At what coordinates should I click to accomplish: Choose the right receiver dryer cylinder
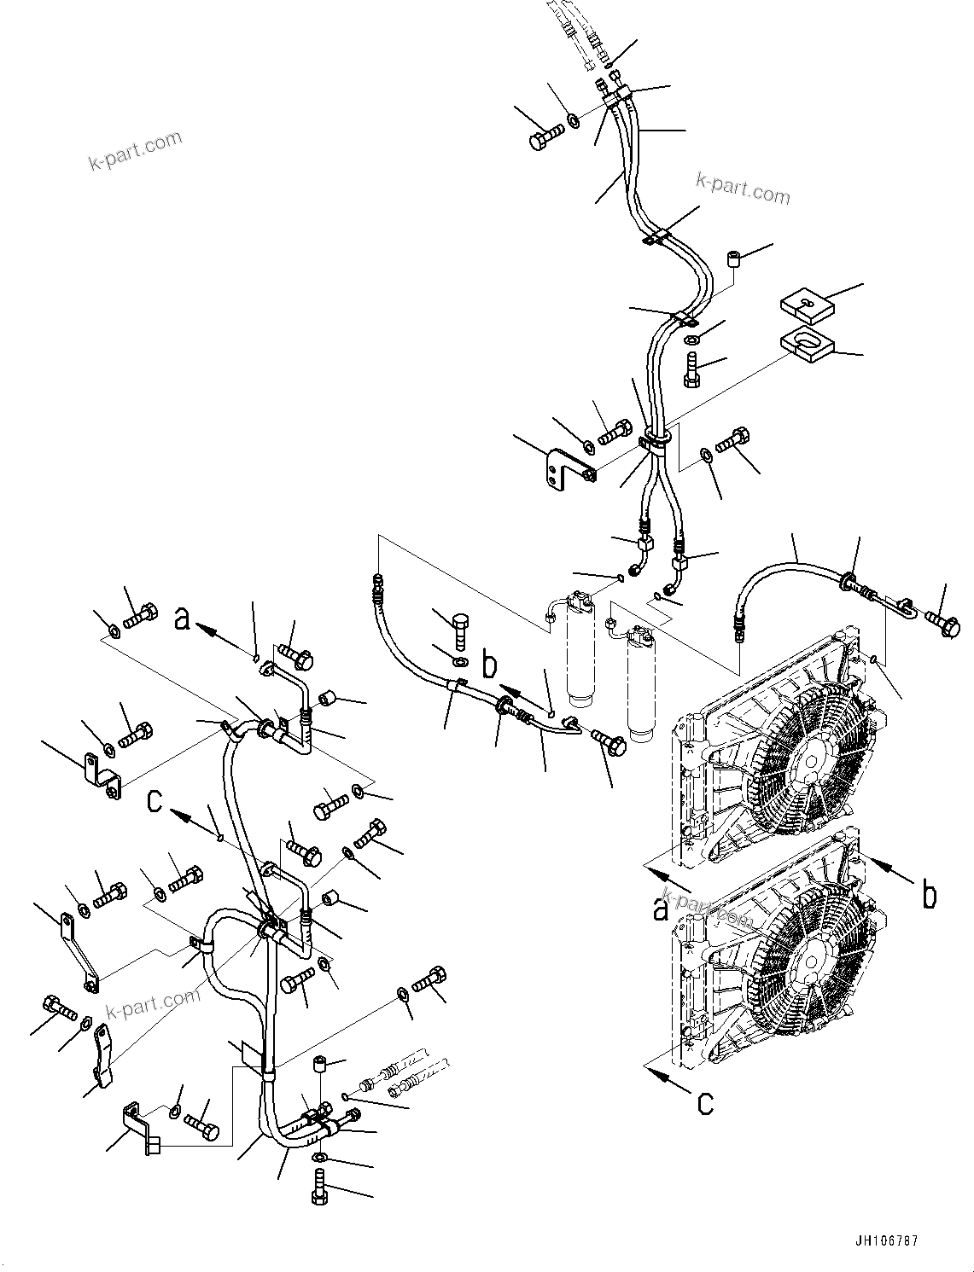tap(640, 682)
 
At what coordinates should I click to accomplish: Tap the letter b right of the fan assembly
tap(929, 895)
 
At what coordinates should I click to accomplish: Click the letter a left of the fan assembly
tap(660, 910)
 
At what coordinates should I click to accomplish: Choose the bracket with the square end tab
tap(142, 1128)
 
